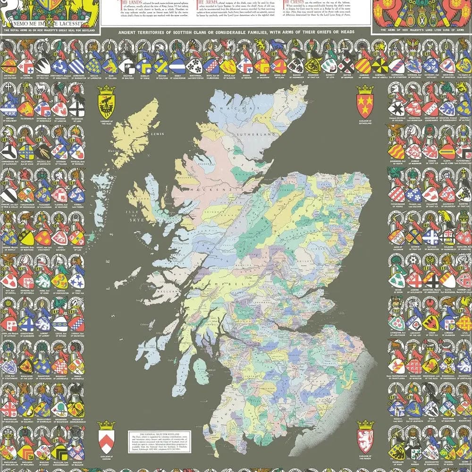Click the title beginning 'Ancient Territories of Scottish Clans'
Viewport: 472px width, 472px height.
(x=236, y=34)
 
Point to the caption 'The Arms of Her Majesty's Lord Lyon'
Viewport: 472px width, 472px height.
(x=421, y=31)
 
